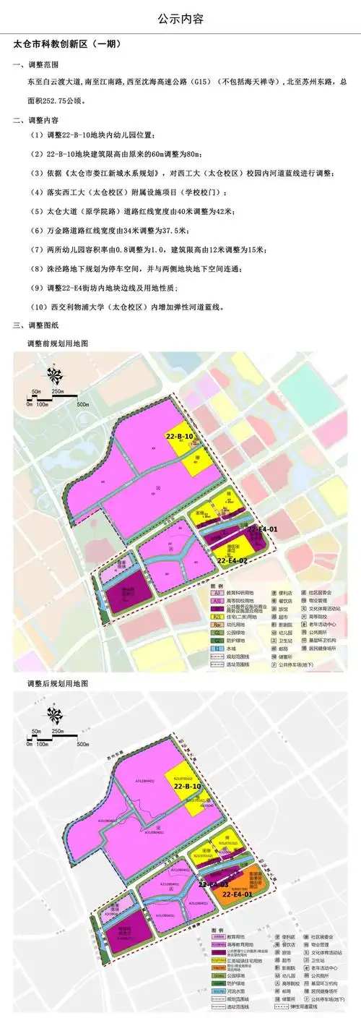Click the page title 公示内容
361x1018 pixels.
coord(180,18)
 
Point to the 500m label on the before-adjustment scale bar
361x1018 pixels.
coord(82,404)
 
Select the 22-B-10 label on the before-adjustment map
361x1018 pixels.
coord(179,437)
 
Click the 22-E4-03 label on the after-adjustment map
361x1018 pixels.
coord(214,884)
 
